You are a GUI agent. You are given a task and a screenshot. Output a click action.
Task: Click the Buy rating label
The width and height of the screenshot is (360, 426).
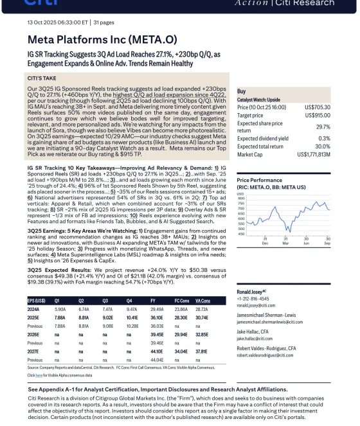[241, 92]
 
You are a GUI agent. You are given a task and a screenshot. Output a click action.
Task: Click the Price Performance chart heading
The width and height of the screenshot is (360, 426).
[260, 181]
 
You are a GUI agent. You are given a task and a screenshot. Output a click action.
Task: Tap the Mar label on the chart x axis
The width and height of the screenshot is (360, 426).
[285, 244]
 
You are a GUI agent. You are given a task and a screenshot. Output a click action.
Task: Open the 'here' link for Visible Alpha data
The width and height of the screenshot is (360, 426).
[39, 375]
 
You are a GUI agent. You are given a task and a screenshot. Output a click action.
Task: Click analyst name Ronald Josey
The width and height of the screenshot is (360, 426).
[251, 292]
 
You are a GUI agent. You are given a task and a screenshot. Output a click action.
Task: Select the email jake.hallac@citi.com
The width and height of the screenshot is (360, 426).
[255, 338]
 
